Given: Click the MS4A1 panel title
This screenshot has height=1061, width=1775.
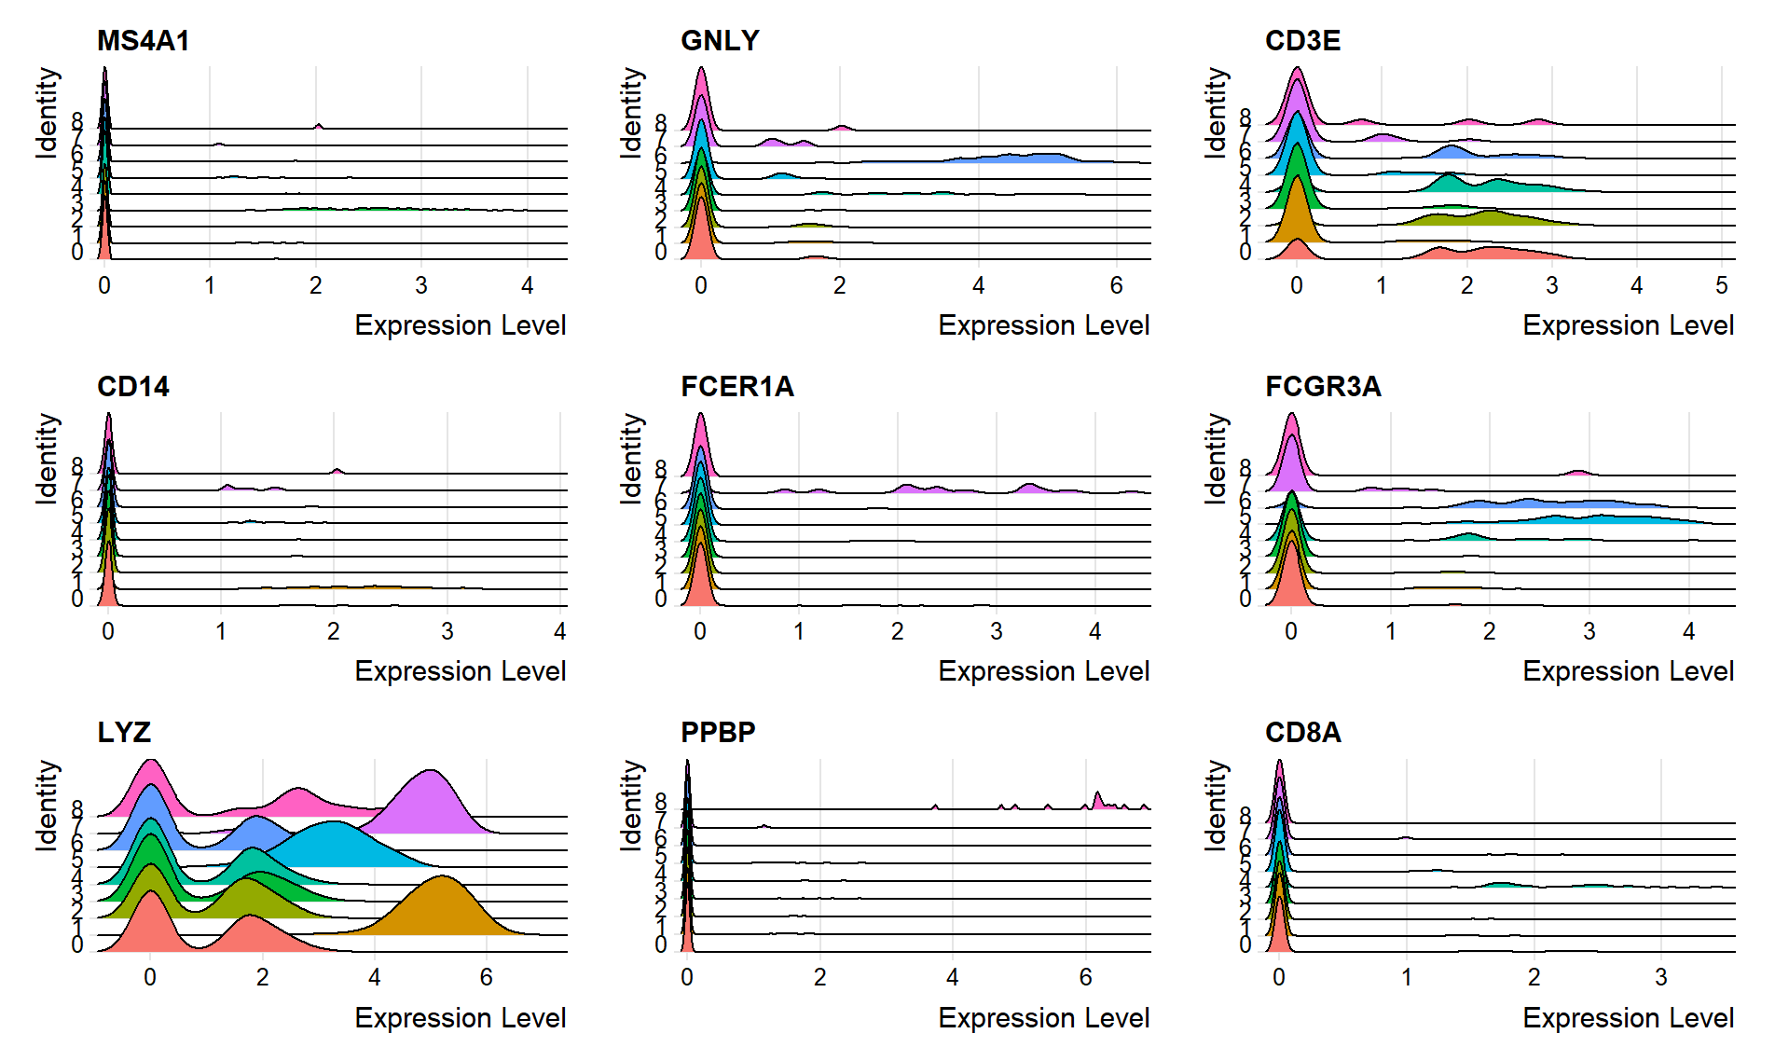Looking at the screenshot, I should (143, 41).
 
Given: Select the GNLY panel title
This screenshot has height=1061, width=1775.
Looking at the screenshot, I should (720, 41).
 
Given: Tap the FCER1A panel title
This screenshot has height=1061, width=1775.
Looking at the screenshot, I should (736, 387).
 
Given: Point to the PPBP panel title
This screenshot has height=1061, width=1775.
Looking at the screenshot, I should (717, 733).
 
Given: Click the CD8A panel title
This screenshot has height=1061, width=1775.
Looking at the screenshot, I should (1302, 733).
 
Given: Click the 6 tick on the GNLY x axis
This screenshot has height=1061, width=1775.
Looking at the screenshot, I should (1116, 285).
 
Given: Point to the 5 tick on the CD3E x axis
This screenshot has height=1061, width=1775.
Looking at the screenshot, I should (1721, 285).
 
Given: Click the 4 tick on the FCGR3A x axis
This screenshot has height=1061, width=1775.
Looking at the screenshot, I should (1688, 631).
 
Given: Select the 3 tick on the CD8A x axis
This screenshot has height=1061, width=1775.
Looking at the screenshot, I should (1660, 977).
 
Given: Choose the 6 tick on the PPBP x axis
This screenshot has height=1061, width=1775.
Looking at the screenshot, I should (1085, 977).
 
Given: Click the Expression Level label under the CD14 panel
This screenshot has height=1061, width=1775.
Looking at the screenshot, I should (460, 671).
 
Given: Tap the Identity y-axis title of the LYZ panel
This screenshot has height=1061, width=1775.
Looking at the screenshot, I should (47, 806).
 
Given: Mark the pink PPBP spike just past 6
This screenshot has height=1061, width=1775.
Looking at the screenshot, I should (1097, 800).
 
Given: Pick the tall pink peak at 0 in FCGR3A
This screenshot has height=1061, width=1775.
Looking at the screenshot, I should (1291, 438).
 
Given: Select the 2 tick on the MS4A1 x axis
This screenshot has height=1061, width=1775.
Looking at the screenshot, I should (315, 285).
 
